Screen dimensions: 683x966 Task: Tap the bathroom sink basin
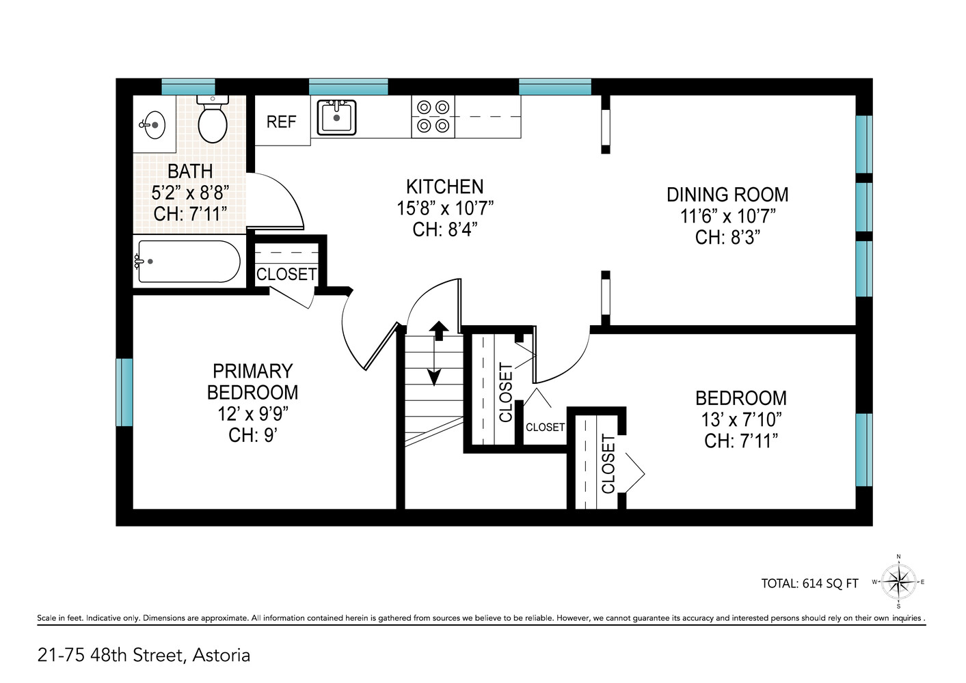coord(154,125)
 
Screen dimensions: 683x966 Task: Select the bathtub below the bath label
coord(189,262)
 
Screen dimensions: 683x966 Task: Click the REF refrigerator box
coord(282,122)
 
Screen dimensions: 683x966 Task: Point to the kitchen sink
coord(336,117)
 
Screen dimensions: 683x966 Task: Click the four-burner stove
coord(433,117)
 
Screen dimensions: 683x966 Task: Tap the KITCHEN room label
coord(444,186)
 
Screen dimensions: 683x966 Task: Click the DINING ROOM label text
coord(727,195)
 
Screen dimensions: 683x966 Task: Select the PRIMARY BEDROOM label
coord(252,382)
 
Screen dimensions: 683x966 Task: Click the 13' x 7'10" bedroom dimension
coord(741,419)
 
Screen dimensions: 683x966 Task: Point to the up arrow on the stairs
coord(439,330)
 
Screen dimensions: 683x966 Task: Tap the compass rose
coord(898,583)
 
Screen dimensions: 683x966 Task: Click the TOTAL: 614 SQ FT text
coord(809,583)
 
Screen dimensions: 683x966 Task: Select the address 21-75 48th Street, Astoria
coord(144,655)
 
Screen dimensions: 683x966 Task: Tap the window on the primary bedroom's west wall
coord(124,392)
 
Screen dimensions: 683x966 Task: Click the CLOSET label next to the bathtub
coord(286,274)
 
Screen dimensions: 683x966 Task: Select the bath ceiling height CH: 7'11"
coord(190,214)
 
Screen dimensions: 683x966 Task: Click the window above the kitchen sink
coord(348,87)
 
